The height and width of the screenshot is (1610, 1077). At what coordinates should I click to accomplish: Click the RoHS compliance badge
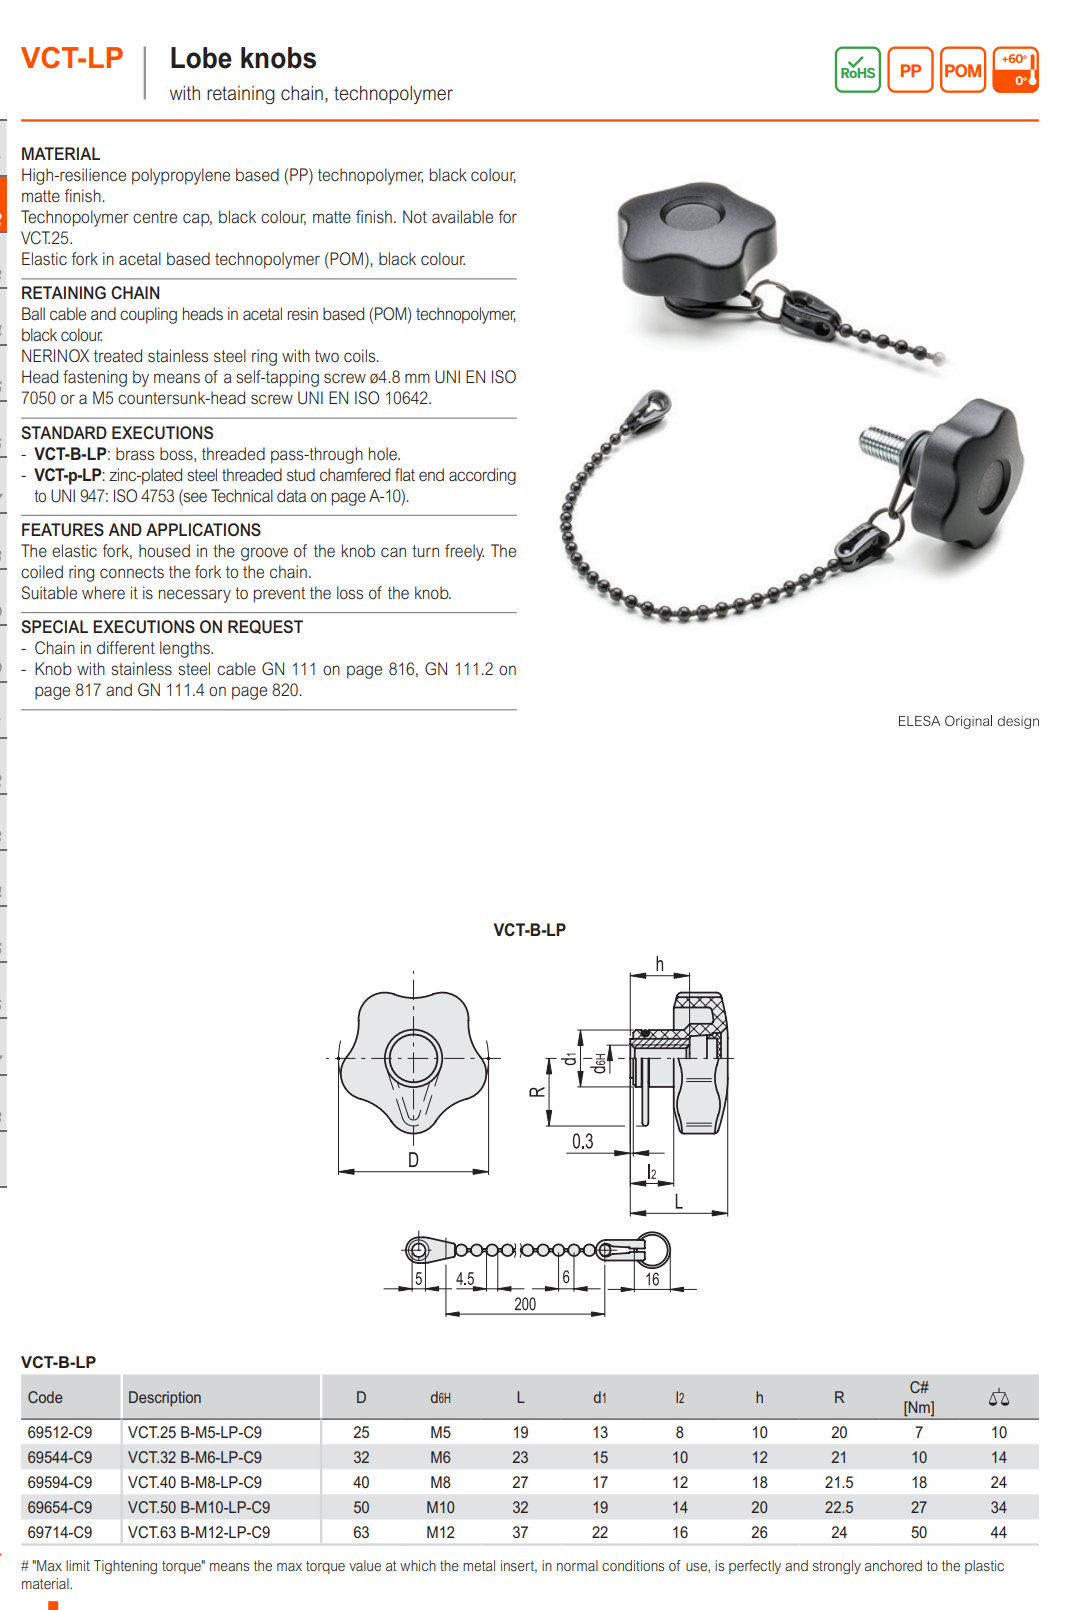point(857,70)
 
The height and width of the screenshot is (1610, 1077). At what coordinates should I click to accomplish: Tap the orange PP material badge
point(910,70)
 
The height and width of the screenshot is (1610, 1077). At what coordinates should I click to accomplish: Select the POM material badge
point(963,70)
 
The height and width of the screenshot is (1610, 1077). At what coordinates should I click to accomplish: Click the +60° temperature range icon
point(1016,70)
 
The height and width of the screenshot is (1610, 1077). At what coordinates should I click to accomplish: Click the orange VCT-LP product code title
point(72,58)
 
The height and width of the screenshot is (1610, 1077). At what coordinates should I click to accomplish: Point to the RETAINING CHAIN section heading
point(90,293)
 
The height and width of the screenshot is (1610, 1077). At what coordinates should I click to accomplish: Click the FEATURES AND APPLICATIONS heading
point(141,530)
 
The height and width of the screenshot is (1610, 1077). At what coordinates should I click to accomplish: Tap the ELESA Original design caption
point(968,721)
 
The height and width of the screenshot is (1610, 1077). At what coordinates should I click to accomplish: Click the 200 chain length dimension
point(525,1304)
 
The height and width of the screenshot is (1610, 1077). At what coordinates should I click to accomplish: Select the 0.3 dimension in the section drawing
point(582,1142)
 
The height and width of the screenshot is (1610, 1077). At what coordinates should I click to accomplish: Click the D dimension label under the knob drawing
point(413,1160)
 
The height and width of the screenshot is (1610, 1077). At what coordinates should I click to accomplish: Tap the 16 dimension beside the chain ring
point(652,1279)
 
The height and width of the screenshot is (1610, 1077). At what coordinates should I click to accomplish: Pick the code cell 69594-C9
point(60,1482)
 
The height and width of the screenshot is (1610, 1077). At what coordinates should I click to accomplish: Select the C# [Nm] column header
point(919,1397)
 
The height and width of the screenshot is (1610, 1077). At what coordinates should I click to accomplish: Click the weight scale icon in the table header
point(998,1397)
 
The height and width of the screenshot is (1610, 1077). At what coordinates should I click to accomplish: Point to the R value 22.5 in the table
point(839,1507)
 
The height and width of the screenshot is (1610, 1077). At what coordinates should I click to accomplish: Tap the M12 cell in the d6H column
point(440,1532)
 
